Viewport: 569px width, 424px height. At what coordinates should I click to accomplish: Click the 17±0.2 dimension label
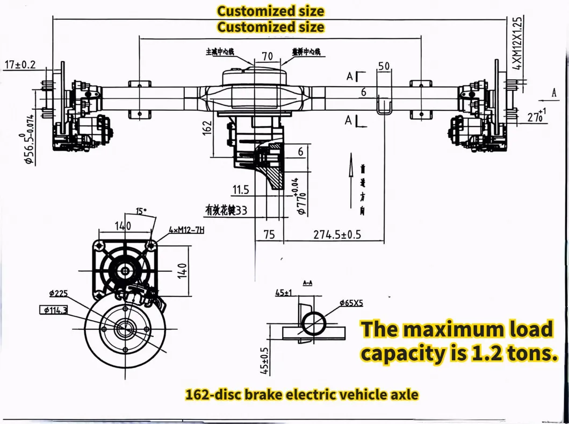[19, 65]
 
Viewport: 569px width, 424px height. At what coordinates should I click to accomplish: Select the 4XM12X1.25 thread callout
[517, 43]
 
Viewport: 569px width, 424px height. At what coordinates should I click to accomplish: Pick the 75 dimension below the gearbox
[269, 235]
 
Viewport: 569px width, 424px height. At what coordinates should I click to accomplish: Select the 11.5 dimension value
[241, 189]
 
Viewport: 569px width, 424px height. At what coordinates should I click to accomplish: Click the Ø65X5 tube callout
[351, 303]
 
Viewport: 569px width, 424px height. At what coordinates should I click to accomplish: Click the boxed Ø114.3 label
[53, 309]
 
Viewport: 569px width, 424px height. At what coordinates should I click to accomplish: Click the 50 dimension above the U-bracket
[384, 66]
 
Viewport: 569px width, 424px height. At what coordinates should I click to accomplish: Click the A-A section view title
[308, 282]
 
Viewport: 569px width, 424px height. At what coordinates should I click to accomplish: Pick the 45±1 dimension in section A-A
[283, 293]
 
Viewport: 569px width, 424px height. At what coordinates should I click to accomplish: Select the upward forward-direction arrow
[350, 167]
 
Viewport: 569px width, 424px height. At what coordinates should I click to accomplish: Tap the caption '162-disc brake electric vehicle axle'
[301, 394]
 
